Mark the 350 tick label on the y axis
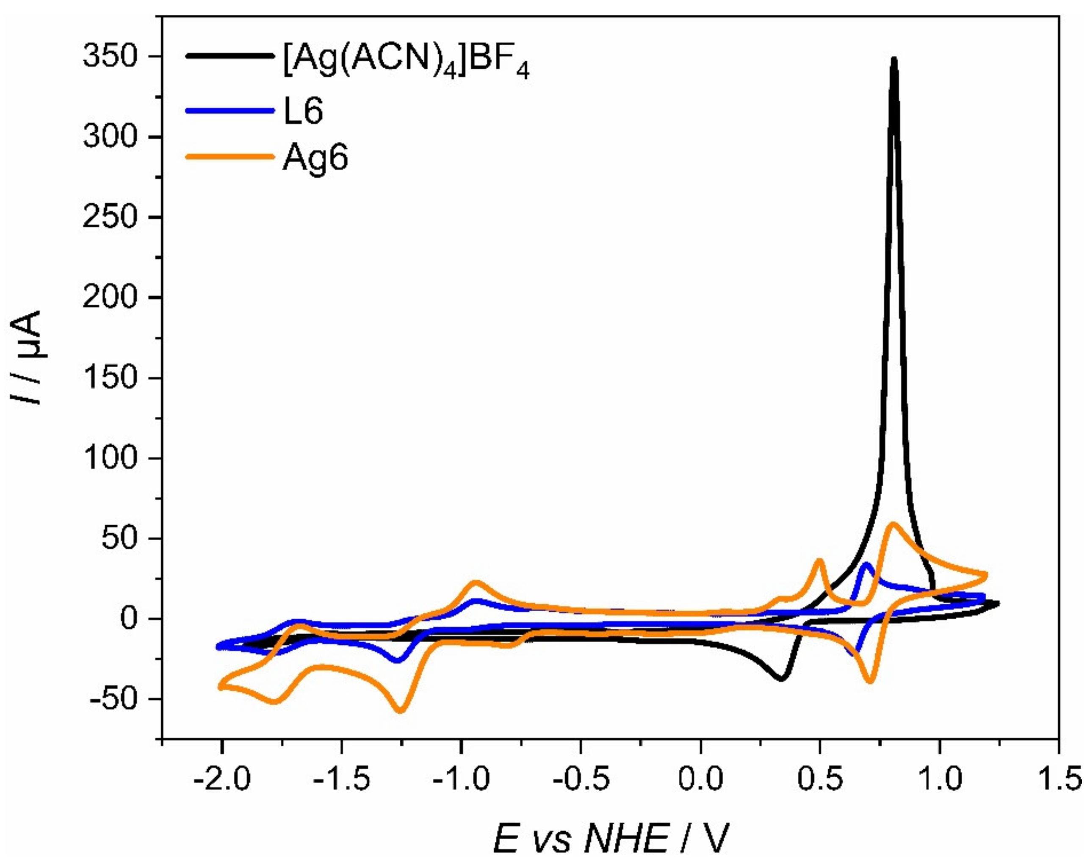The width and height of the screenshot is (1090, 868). click(x=110, y=56)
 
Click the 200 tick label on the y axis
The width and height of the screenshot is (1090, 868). click(x=110, y=297)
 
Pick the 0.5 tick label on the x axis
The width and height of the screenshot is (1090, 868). click(x=819, y=779)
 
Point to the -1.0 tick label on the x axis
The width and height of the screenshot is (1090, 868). click(x=461, y=779)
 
